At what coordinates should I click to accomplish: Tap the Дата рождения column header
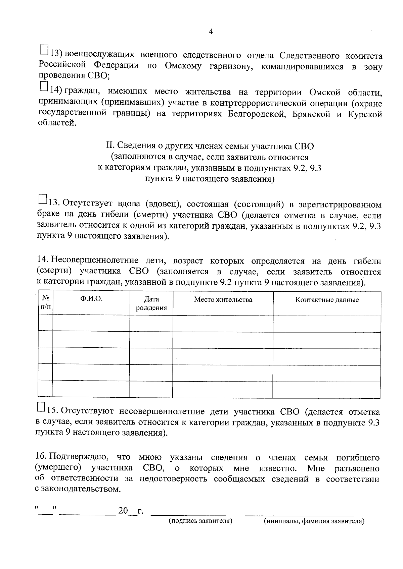click(x=151, y=303)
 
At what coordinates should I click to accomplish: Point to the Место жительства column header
click(x=223, y=299)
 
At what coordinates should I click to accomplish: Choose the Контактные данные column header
click(x=327, y=300)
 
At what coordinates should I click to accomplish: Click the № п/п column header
click(x=46, y=303)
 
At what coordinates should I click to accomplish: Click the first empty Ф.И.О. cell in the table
click(x=91, y=323)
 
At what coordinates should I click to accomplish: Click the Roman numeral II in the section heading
click(x=109, y=146)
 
